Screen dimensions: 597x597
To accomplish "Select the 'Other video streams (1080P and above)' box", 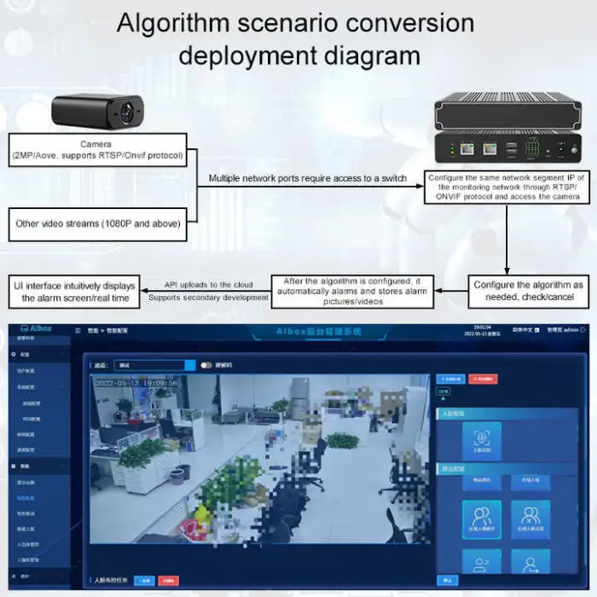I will coord(101,223).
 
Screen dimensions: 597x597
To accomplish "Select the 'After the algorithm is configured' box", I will coord(351,291).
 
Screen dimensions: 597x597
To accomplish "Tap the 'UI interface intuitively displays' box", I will coord(75,292).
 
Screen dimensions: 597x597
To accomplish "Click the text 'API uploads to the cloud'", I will coord(208,284).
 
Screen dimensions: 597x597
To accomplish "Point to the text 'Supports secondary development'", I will coord(208,298).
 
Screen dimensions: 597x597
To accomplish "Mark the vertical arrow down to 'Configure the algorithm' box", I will coord(507,247).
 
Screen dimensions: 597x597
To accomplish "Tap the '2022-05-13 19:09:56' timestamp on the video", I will coord(136,383).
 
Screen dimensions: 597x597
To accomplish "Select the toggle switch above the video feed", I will coord(206,364).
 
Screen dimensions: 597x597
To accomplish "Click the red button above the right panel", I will coord(483,379).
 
